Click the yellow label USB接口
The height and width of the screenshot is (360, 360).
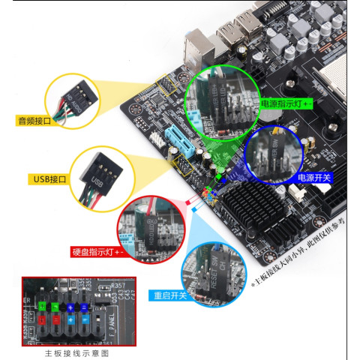pos(50,179)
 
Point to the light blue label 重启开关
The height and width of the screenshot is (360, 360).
pos(168,295)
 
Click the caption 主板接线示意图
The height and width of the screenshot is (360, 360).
pos(76,352)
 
